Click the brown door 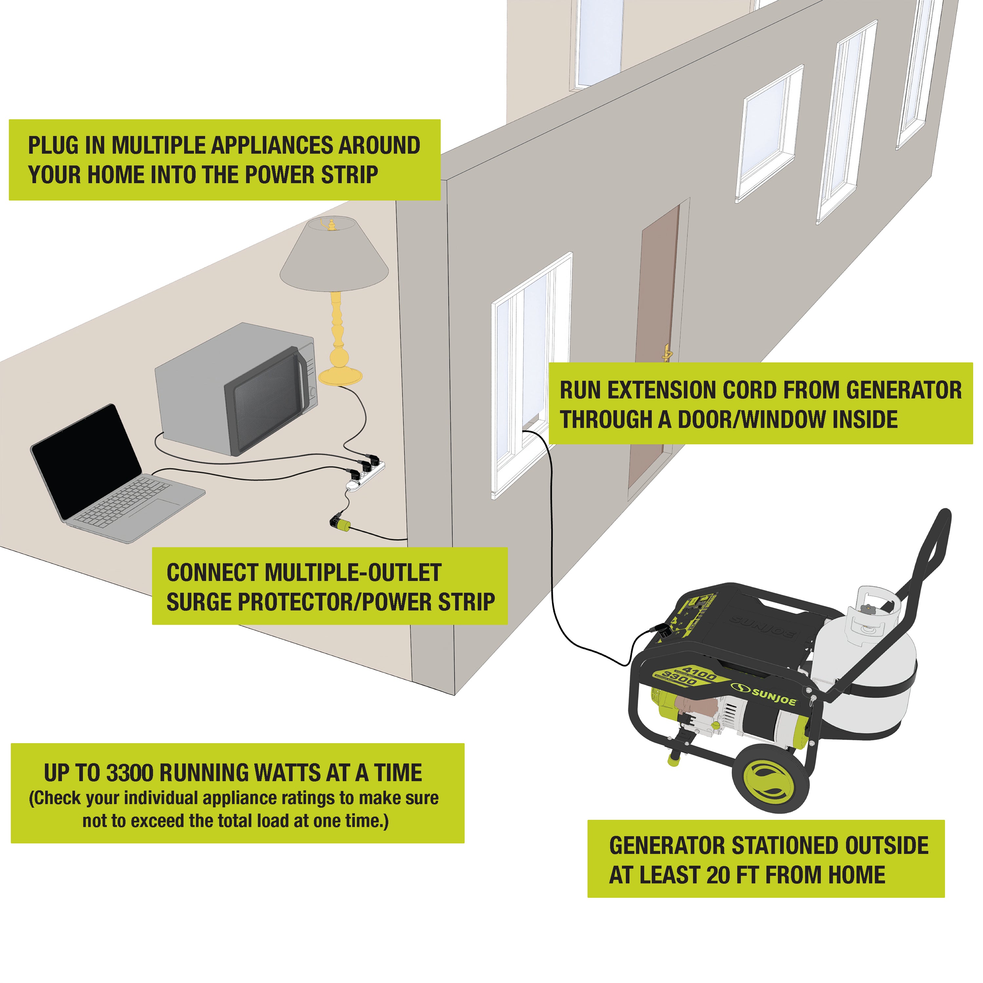coord(654,346)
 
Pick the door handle coord(666,352)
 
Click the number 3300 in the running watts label coord(130,773)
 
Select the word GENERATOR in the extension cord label coord(904,390)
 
